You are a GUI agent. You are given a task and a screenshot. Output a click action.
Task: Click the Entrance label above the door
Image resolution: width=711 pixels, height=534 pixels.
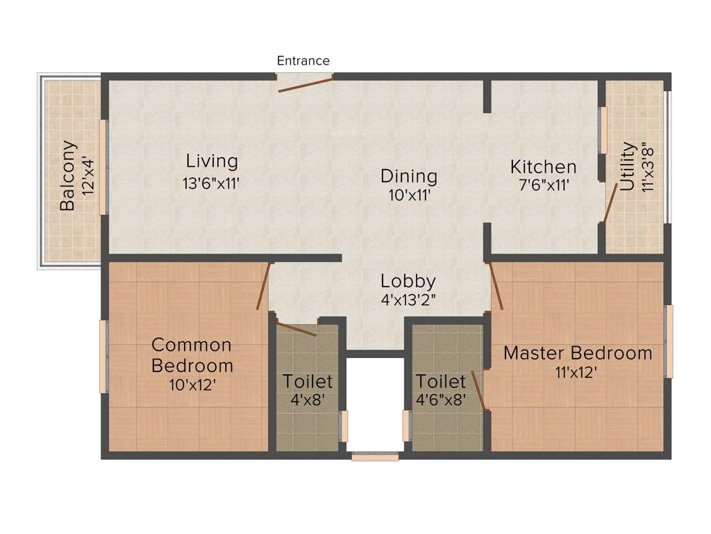point(303,60)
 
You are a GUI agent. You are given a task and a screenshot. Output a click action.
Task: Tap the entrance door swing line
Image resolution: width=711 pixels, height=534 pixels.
point(305,84)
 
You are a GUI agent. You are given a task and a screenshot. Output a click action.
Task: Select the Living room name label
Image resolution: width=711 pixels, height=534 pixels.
point(212,161)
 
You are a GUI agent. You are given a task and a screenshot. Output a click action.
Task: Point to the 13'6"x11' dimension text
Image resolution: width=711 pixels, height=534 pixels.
point(212,184)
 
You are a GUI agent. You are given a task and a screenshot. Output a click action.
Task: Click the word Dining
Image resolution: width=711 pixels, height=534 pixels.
point(409,176)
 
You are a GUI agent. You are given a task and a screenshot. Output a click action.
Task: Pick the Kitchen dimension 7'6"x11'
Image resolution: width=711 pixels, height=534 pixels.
point(543,186)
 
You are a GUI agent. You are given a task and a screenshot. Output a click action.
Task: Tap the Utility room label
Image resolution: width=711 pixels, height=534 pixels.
point(628,166)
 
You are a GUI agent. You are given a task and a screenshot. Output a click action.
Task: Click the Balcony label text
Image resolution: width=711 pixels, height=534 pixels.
point(67,176)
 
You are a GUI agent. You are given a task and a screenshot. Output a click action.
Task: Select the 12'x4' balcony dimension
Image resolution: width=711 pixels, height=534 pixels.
point(88,177)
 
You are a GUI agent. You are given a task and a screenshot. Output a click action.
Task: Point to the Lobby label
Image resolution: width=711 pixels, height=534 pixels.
point(408,281)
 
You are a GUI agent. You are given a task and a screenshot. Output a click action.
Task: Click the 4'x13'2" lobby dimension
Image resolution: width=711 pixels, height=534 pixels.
point(408,302)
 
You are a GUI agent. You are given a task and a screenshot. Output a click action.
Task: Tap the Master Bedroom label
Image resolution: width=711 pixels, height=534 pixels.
point(578,353)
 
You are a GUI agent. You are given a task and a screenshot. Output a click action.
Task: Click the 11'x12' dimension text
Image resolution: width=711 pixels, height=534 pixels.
point(576,373)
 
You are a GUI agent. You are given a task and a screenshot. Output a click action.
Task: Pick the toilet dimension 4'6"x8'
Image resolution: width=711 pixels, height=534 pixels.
point(441,400)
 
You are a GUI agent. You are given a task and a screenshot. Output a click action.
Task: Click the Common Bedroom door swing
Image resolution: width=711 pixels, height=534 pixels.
point(263,286)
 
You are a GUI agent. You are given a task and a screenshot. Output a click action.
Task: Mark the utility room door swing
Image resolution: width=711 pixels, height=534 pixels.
point(610,203)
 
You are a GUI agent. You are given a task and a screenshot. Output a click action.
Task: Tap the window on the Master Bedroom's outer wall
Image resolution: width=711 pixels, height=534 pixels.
point(670,341)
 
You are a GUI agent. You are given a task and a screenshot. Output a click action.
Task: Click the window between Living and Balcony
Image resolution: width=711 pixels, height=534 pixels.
point(104,167)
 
